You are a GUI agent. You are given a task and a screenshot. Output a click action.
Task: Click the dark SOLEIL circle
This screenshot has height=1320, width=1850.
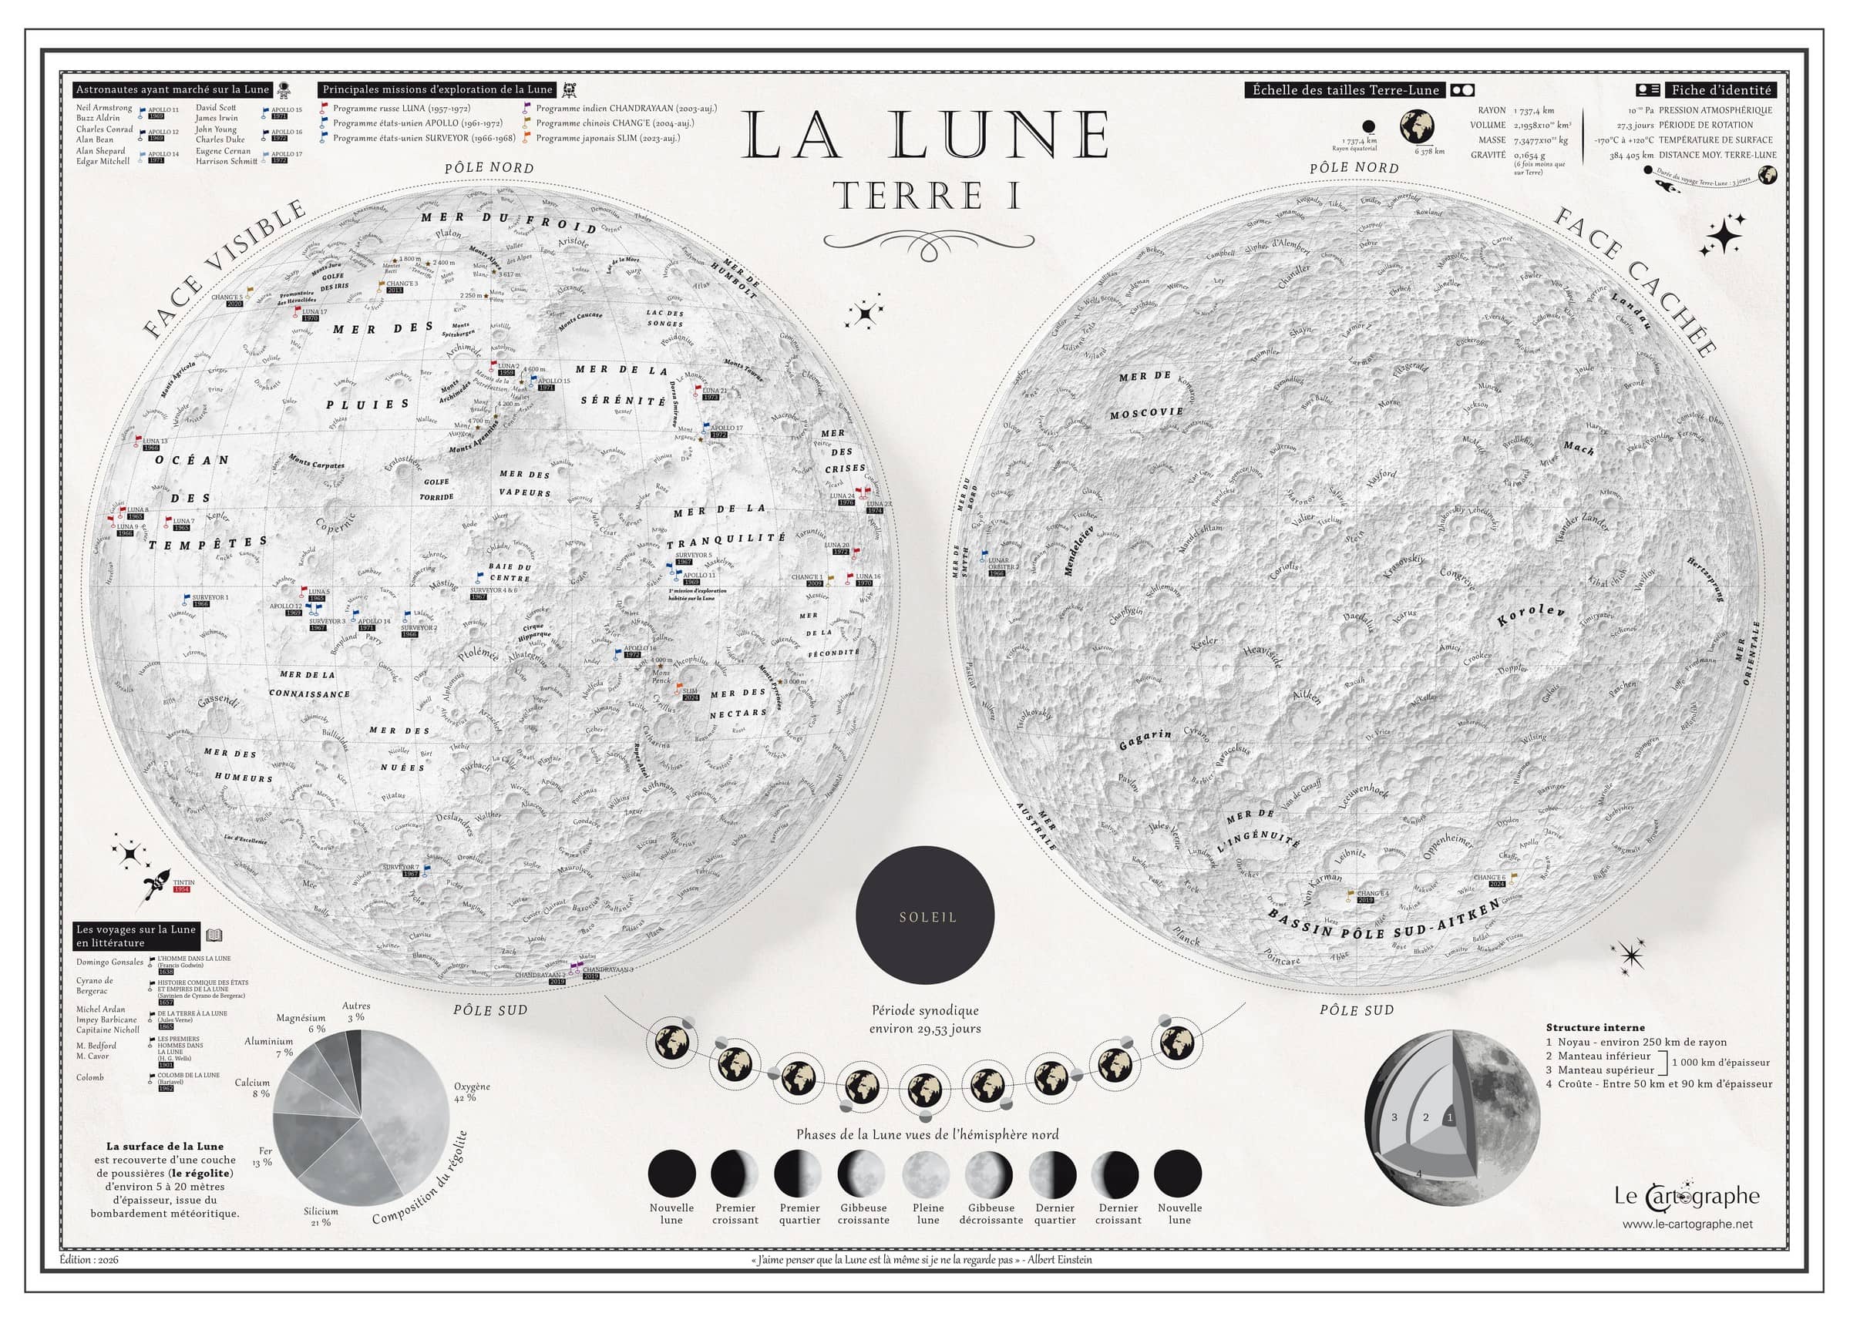coord(924,915)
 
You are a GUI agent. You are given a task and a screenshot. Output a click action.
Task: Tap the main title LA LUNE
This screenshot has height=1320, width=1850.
coord(926,135)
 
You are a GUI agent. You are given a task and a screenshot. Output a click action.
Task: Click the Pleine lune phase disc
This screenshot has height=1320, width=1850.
coord(926,1174)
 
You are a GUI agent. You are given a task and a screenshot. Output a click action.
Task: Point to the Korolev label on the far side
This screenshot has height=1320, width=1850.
coord(1531,615)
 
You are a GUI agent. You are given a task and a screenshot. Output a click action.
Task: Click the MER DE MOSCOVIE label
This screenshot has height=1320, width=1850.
coord(1146,395)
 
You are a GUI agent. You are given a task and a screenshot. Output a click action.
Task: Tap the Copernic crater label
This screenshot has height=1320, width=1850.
coord(336,530)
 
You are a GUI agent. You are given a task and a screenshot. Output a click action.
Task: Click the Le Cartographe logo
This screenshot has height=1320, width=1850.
coord(1686,1197)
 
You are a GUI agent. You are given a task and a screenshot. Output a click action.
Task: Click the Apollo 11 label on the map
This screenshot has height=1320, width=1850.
coord(698,576)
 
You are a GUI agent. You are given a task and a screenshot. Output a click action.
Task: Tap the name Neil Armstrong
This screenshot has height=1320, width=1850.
coord(104,107)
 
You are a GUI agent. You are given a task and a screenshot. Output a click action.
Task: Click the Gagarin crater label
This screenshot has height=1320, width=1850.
coord(1145,739)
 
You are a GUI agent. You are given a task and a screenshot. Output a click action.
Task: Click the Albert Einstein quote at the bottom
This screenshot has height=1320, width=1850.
coord(923,1260)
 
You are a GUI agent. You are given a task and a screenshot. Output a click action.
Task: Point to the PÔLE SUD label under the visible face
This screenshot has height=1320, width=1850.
coord(490,1010)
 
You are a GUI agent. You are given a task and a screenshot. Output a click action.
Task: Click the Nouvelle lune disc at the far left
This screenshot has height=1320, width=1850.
coord(671,1174)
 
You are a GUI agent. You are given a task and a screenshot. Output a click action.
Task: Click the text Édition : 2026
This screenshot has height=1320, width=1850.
coord(89,1260)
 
